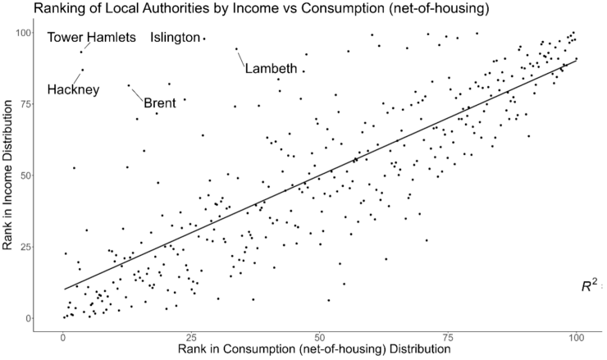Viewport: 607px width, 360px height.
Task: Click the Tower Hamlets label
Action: [x=91, y=38]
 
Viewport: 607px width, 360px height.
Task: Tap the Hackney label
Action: [x=73, y=89]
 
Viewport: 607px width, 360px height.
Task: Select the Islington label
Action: [x=175, y=38]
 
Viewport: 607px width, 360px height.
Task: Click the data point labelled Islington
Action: [x=204, y=39]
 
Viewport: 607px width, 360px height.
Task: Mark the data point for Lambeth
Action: [x=236, y=48]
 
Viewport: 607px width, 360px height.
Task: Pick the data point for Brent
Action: [x=129, y=85]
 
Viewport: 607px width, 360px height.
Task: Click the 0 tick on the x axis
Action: [x=63, y=336]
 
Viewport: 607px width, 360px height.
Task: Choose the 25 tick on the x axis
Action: [x=191, y=336]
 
